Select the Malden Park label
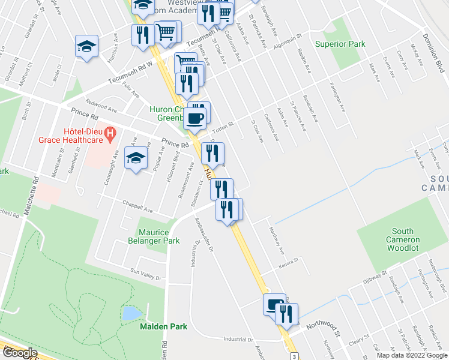point(163,326)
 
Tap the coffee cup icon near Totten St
point(195,118)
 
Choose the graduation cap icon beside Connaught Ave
point(136,158)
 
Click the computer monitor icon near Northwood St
point(274,305)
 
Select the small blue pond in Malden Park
point(129,313)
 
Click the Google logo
point(19,353)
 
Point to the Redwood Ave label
point(101,107)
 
